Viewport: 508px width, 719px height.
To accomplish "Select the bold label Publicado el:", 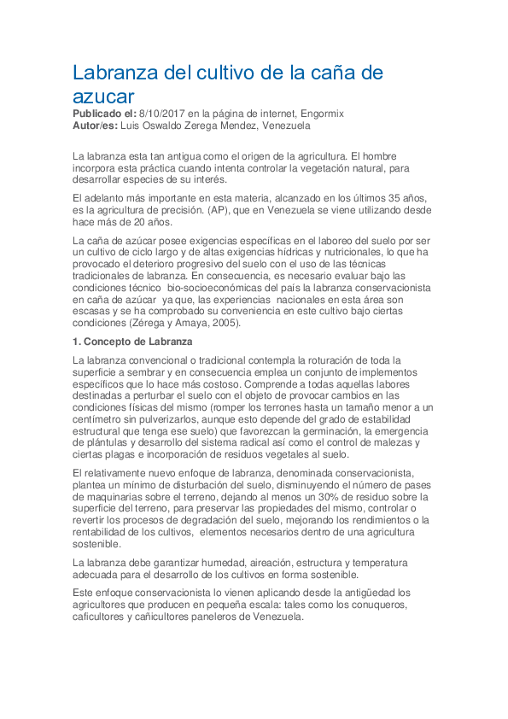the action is [104, 114].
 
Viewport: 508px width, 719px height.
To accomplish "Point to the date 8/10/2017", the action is [166, 114].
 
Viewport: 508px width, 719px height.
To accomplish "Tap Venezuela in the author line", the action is [283, 126].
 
